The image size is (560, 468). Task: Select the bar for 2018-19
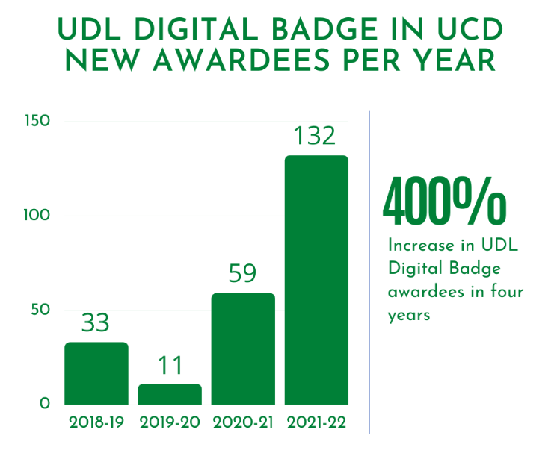click(x=96, y=373)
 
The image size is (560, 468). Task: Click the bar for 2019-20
click(x=170, y=394)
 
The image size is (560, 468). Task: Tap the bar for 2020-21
click(x=243, y=349)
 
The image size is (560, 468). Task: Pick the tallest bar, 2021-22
click(x=316, y=280)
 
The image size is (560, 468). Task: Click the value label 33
click(x=96, y=323)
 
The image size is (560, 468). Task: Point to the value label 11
click(x=170, y=365)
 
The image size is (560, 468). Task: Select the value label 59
click(x=243, y=274)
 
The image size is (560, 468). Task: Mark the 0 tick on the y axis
click(x=44, y=404)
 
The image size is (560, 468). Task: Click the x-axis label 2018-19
click(x=96, y=422)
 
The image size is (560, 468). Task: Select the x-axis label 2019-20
click(x=170, y=422)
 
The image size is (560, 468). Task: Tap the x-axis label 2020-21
click(x=243, y=422)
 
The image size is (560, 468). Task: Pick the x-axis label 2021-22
click(x=316, y=422)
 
